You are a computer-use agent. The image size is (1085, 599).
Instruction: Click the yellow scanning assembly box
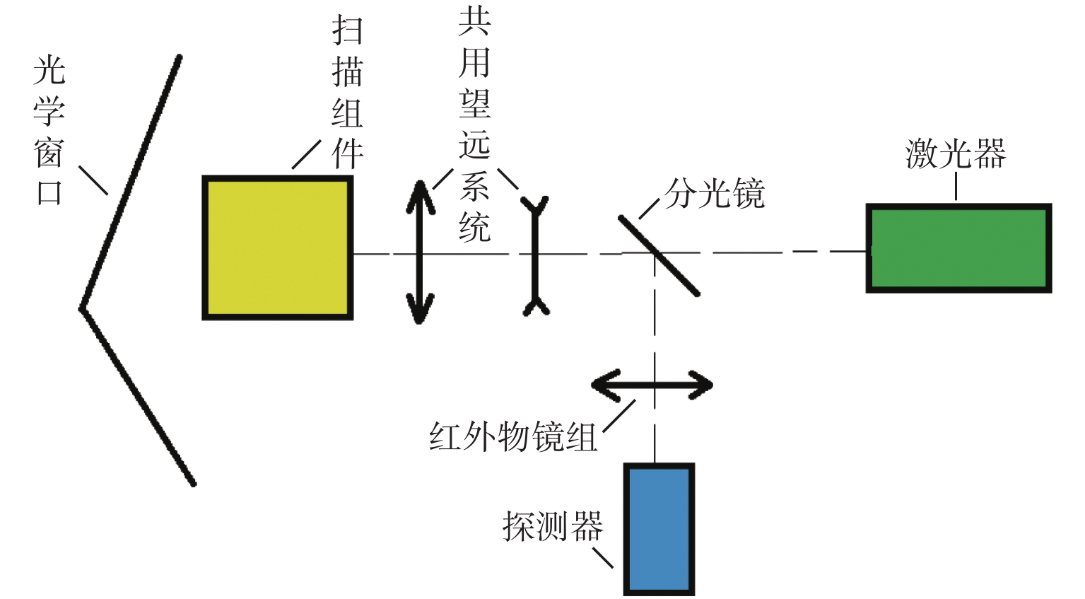point(277,248)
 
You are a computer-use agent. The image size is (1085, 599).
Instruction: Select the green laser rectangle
point(958,248)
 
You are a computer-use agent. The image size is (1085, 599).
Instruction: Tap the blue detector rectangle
point(658,528)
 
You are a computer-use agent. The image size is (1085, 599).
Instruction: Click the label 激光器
point(956,153)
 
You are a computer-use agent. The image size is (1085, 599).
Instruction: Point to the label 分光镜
point(715,193)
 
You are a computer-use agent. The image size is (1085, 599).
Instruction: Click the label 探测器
point(553,526)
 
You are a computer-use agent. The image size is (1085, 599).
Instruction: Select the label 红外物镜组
point(513,436)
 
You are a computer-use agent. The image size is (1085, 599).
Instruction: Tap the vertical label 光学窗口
point(49,132)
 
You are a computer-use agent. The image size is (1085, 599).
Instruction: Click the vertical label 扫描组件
point(347,93)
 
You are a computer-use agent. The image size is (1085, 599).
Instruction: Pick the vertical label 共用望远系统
point(474,124)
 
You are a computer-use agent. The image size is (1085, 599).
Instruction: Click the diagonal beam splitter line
point(659,255)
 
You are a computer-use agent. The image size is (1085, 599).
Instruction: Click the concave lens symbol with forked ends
point(535,255)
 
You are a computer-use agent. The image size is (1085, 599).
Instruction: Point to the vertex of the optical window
point(83,308)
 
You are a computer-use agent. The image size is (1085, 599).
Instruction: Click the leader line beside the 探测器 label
point(603,557)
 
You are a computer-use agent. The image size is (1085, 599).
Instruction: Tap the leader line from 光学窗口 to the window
point(93,180)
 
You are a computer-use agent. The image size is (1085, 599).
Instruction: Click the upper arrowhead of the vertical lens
point(420,194)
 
